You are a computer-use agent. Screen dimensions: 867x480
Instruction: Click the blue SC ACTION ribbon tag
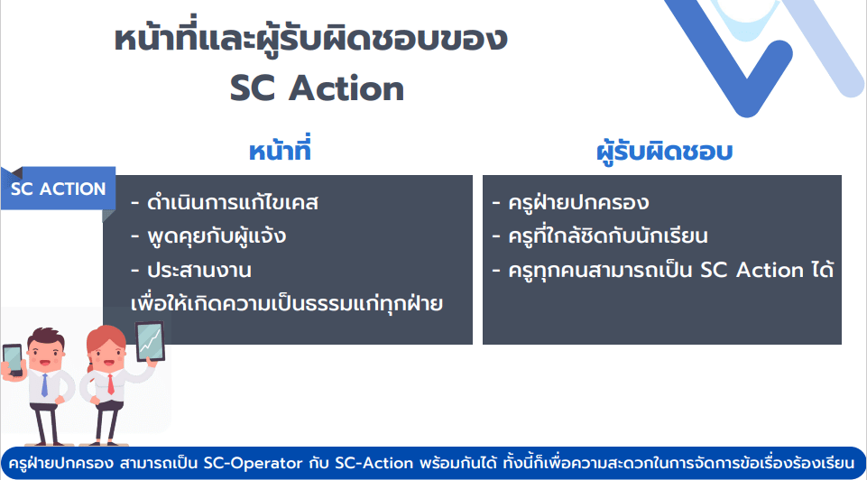[58, 189]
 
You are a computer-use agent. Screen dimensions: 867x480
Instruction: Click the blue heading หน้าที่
[280, 152]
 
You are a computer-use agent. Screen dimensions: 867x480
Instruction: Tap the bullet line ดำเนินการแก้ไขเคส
[225, 203]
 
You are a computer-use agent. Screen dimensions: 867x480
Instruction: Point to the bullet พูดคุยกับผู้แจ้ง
[208, 236]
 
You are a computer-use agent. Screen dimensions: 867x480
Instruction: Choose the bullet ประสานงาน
[191, 271]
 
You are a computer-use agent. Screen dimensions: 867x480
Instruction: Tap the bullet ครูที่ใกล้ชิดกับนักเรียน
[600, 236]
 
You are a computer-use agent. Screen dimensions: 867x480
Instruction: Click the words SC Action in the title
[317, 88]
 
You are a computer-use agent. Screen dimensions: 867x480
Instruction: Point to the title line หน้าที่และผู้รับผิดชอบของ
[310, 40]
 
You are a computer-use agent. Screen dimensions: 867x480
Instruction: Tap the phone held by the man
[12, 360]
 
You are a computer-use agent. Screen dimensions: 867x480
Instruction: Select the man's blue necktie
[44, 385]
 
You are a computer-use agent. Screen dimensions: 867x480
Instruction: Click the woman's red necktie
[111, 383]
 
